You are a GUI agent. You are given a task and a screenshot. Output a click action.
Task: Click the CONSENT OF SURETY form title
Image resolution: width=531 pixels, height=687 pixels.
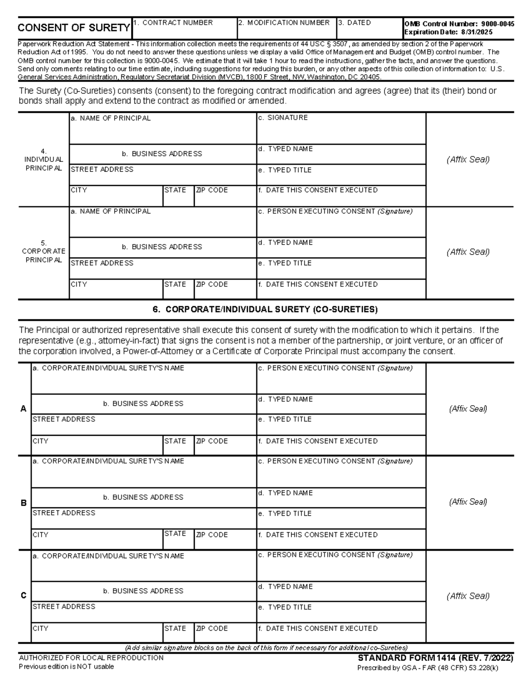[73, 28]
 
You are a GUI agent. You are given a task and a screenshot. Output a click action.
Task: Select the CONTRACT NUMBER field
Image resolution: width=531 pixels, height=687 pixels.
[184, 30]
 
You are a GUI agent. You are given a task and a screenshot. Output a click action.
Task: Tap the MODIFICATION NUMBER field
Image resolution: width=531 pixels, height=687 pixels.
[287, 30]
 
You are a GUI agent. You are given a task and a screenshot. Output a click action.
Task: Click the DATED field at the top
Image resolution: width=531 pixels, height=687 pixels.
[369, 30]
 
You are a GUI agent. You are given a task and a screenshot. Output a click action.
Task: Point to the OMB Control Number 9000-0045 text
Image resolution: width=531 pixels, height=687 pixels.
[459, 24]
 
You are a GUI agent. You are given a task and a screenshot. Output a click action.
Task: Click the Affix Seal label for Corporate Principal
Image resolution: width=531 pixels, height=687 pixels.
[468, 252]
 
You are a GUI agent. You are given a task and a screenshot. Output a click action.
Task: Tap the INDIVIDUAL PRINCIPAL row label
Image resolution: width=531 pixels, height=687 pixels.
[44, 160]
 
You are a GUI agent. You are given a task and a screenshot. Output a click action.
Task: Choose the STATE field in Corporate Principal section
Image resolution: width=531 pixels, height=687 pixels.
[178, 289]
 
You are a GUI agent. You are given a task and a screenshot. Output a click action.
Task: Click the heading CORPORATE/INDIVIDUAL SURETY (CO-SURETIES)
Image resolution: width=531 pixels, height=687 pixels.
[265, 310]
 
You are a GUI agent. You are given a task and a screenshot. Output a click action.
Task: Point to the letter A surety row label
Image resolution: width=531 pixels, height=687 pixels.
[24, 409]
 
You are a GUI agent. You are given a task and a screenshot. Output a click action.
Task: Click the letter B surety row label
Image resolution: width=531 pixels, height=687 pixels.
[24, 503]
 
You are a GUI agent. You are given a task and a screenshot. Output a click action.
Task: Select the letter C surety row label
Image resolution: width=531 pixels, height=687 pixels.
[24, 596]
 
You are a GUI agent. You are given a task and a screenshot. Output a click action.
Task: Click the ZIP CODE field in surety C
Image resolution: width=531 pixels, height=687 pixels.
[225, 633]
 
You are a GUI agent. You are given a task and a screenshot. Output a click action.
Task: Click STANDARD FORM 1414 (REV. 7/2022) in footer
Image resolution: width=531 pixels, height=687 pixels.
[435, 658]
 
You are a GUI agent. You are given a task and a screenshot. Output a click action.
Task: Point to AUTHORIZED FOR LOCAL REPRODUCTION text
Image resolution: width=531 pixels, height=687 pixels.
[91, 658]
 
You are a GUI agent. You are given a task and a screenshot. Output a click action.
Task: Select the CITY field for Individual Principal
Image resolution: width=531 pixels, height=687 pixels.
[116, 197]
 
